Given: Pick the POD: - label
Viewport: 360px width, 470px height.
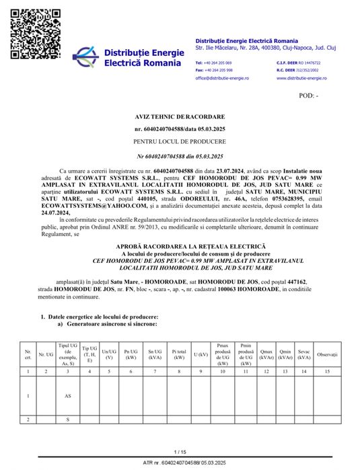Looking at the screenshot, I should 309,95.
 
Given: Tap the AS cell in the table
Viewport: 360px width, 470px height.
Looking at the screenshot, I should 67,396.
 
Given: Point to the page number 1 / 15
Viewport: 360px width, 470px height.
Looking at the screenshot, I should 180,452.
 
